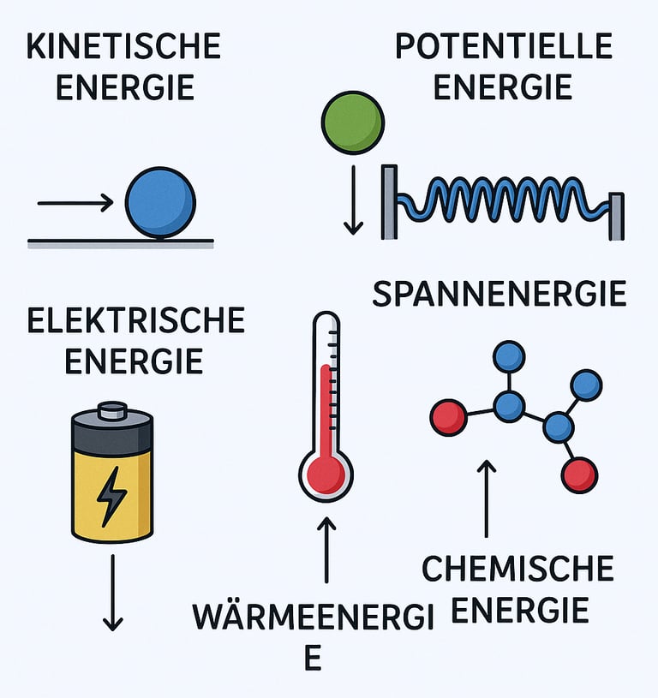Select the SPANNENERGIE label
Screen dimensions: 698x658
click(x=500, y=295)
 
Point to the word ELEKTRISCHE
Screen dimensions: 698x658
click(x=136, y=321)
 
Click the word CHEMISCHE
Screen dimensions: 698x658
click(x=518, y=569)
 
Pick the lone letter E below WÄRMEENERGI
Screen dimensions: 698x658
click(x=314, y=659)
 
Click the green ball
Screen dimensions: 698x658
click(x=351, y=122)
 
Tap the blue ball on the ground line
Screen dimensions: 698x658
click(x=160, y=202)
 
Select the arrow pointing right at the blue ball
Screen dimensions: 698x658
click(x=75, y=203)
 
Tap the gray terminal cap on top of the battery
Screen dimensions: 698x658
click(x=112, y=411)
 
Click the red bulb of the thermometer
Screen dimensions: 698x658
click(x=326, y=473)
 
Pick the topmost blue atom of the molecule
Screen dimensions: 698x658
click(x=510, y=355)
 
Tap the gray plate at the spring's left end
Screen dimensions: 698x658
click(x=389, y=201)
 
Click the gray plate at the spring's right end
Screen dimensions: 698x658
click(x=616, y=217)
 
